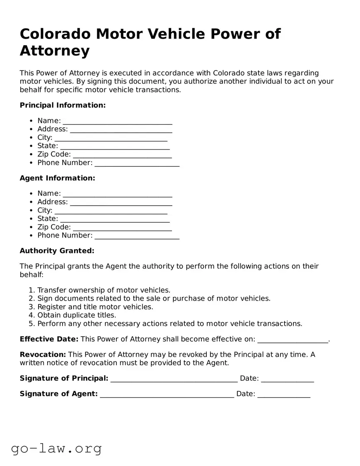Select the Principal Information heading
point(63,105)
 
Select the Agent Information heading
point(57,178)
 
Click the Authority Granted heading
point(57,251)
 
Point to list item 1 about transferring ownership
point(104,290)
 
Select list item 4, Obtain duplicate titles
point(77,315)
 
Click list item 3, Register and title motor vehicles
point(95,307)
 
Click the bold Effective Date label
point(49,339)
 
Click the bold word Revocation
point(43,354)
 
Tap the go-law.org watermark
point(56,448)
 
